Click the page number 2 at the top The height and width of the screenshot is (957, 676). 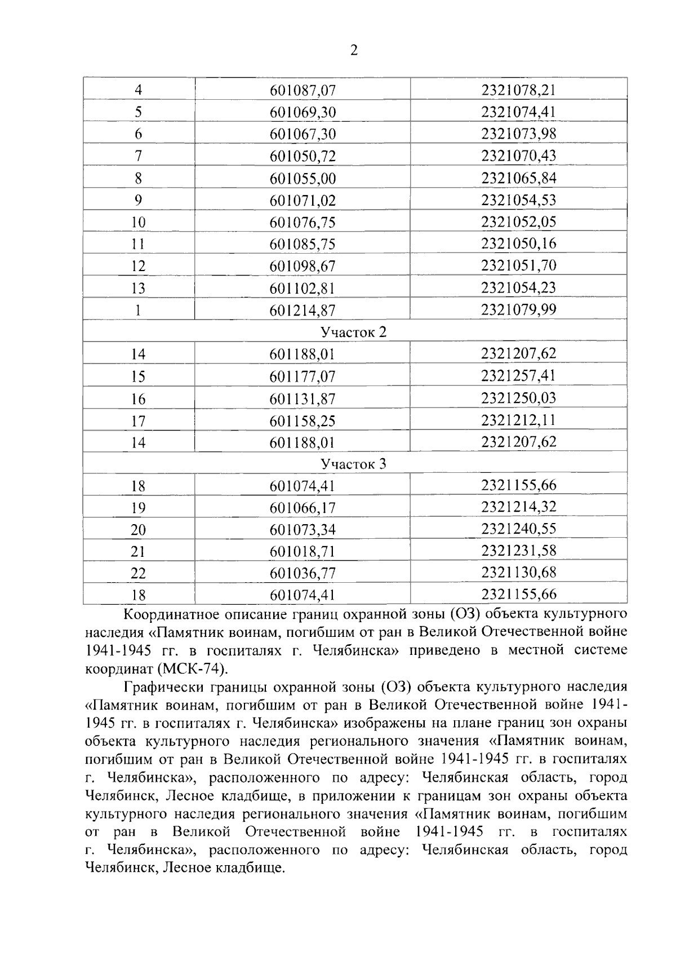coord(354,51)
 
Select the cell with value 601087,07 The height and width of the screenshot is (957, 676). coord(303,90)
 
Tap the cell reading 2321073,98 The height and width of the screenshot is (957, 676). coord(518,134)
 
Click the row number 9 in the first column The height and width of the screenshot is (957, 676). coord(138,200)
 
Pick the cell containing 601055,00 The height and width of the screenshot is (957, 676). coord(303,179)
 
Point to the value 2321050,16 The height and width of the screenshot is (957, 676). coord(518,243)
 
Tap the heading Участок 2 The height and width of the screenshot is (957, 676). coord(354,332)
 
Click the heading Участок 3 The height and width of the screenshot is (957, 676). coord(354,464)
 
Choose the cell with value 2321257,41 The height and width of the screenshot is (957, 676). coord(518,375)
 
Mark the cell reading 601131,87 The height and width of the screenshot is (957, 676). coord(303,399)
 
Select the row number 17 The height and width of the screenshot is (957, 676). coord(138,421)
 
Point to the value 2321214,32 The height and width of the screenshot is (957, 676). coord(518,507)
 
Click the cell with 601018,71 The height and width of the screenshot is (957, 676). coord(303,551)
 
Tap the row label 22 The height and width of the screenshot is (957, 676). coord(138,573)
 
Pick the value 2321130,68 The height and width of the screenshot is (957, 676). coord(518,573)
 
